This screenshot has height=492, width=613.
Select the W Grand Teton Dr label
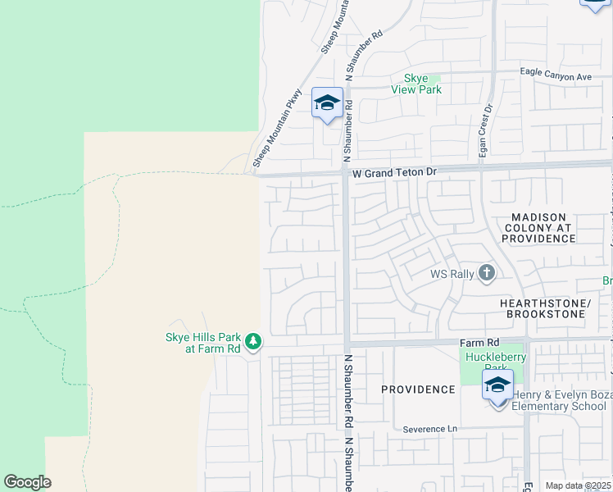(x=396, y=174)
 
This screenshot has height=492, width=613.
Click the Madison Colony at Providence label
(x=538, y=228)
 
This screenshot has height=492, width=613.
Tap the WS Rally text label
(x=452, y=274)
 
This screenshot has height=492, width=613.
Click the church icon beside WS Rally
(x=487, y=273)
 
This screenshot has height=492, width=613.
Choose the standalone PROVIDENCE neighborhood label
(x=417, y=389)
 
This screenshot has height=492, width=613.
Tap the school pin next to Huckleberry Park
(x=497, y=386)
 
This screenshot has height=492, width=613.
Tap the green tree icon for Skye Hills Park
(x=253, y=341)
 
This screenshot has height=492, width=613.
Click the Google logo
(x=27, y=482)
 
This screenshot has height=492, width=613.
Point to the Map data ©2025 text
(x=578, y=485)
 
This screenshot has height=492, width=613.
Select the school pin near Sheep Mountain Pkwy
(x=327, y=103)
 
